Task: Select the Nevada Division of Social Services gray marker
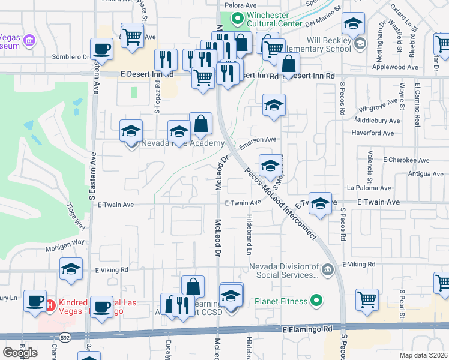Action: click(327, 268)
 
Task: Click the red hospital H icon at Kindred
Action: click(51, 305)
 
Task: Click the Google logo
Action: click(20, 353)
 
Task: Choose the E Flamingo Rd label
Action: click(307, 329)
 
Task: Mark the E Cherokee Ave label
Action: click(408, 160)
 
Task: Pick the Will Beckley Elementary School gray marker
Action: click(360, 43)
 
